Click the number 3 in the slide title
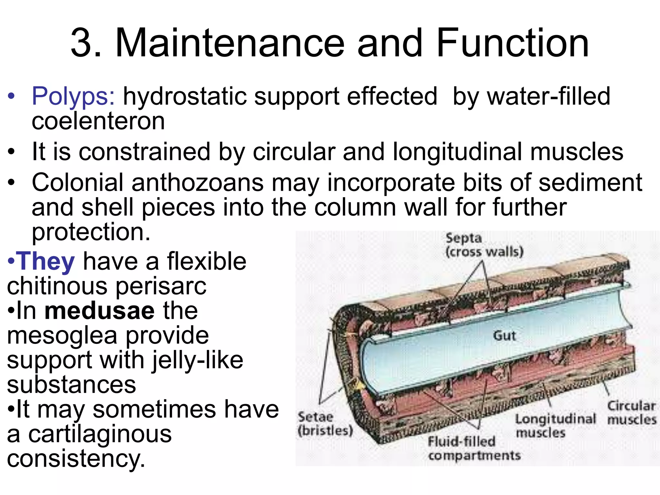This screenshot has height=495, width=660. click(x=81, y=44)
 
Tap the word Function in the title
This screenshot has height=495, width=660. click(x=512, y=44)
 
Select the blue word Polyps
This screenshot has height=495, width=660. click(x=73, y=97)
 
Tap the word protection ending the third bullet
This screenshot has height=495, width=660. click(x=91, y=232)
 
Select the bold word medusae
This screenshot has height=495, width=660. click(x=100, y=311)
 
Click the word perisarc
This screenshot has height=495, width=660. click(x=161, y=286)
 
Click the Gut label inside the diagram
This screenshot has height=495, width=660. click(x=504, y=336)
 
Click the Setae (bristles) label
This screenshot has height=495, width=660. click(x=325, y=423)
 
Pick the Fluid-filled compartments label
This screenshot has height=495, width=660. click(x=474, y=448)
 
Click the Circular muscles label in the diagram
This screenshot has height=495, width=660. click(x=631, y=412)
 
